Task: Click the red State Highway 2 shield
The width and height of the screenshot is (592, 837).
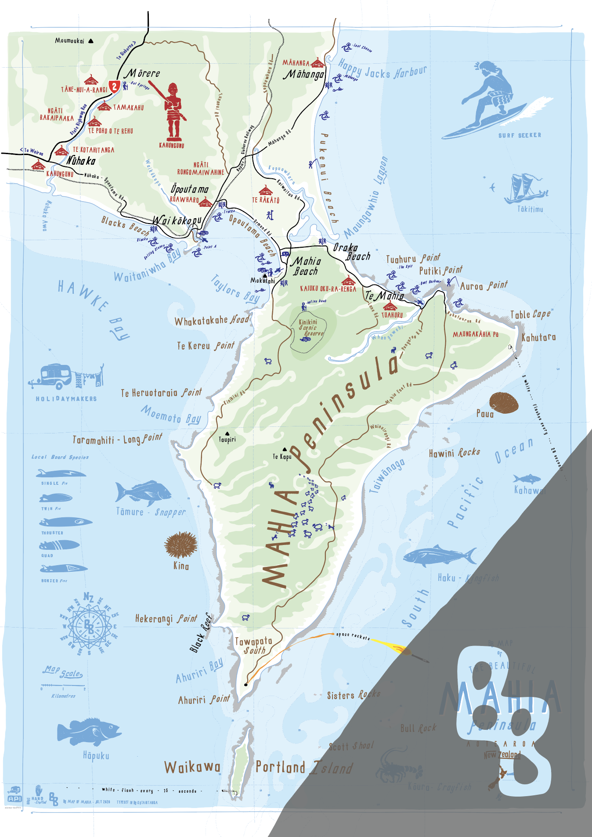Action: tap(114, 86)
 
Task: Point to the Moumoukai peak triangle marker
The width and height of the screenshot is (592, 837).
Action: tap(91, 41)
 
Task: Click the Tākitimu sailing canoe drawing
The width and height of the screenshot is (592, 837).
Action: tap(525, 190)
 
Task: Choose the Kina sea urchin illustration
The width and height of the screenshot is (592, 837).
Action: tap(180, 545)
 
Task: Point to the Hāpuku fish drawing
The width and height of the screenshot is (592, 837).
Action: tap(89, 732)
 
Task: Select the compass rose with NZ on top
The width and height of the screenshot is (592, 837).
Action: tap(89, 625)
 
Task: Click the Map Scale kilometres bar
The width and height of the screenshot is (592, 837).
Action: tap(63, 685)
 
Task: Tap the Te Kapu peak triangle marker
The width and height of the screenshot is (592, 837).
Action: tap(285, 449)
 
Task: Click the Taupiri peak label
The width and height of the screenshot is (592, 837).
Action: tap(227, 440)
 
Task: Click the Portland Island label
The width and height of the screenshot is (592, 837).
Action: tap(304, 768)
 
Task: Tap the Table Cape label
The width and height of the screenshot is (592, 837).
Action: tap(530, 314)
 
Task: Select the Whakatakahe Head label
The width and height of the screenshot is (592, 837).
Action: tap(212, 321)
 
